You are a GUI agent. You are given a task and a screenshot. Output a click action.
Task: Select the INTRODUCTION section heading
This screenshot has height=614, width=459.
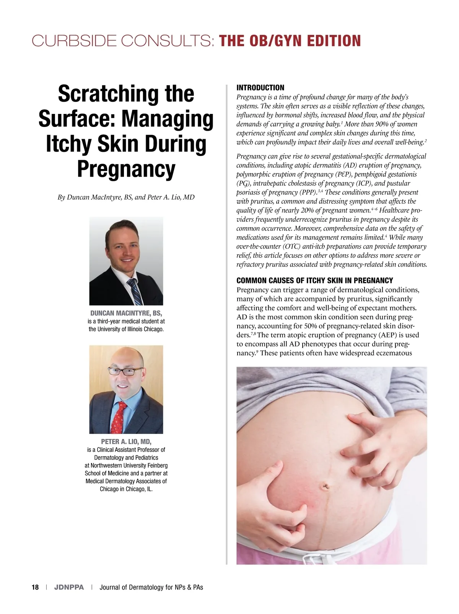[x=260, y=88]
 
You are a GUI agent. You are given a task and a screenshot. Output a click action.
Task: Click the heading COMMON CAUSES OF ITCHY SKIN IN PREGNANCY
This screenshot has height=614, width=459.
[x=315, y=281]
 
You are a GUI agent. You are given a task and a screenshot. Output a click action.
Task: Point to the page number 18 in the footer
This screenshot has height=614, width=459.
[x=35, y=587]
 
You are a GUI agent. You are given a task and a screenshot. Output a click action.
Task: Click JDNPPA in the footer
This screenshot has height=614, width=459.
[x=69, y=587]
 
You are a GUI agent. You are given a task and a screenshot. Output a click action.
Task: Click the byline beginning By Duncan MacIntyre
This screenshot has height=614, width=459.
[x=126, y=197]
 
